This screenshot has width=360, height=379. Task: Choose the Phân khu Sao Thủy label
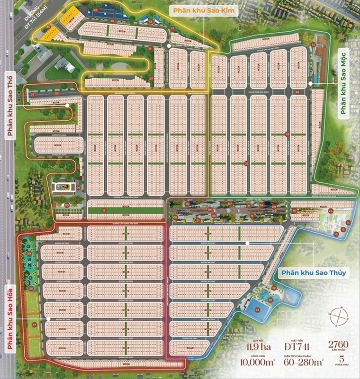pos(313,272)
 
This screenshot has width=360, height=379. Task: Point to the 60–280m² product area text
pos(288,364)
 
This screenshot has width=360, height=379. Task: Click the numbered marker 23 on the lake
pos(257,310)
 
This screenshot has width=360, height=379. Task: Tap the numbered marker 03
pos(95,9)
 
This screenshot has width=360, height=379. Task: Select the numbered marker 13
pos(313,45)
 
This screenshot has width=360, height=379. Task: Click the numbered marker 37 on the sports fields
pos(35,325)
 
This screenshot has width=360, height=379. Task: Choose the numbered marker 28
pos(297,92)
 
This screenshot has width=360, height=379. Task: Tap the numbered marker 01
pos(33,95)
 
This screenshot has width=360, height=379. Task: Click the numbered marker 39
pos(29,254)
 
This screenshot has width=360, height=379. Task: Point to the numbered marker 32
pos(247,163)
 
